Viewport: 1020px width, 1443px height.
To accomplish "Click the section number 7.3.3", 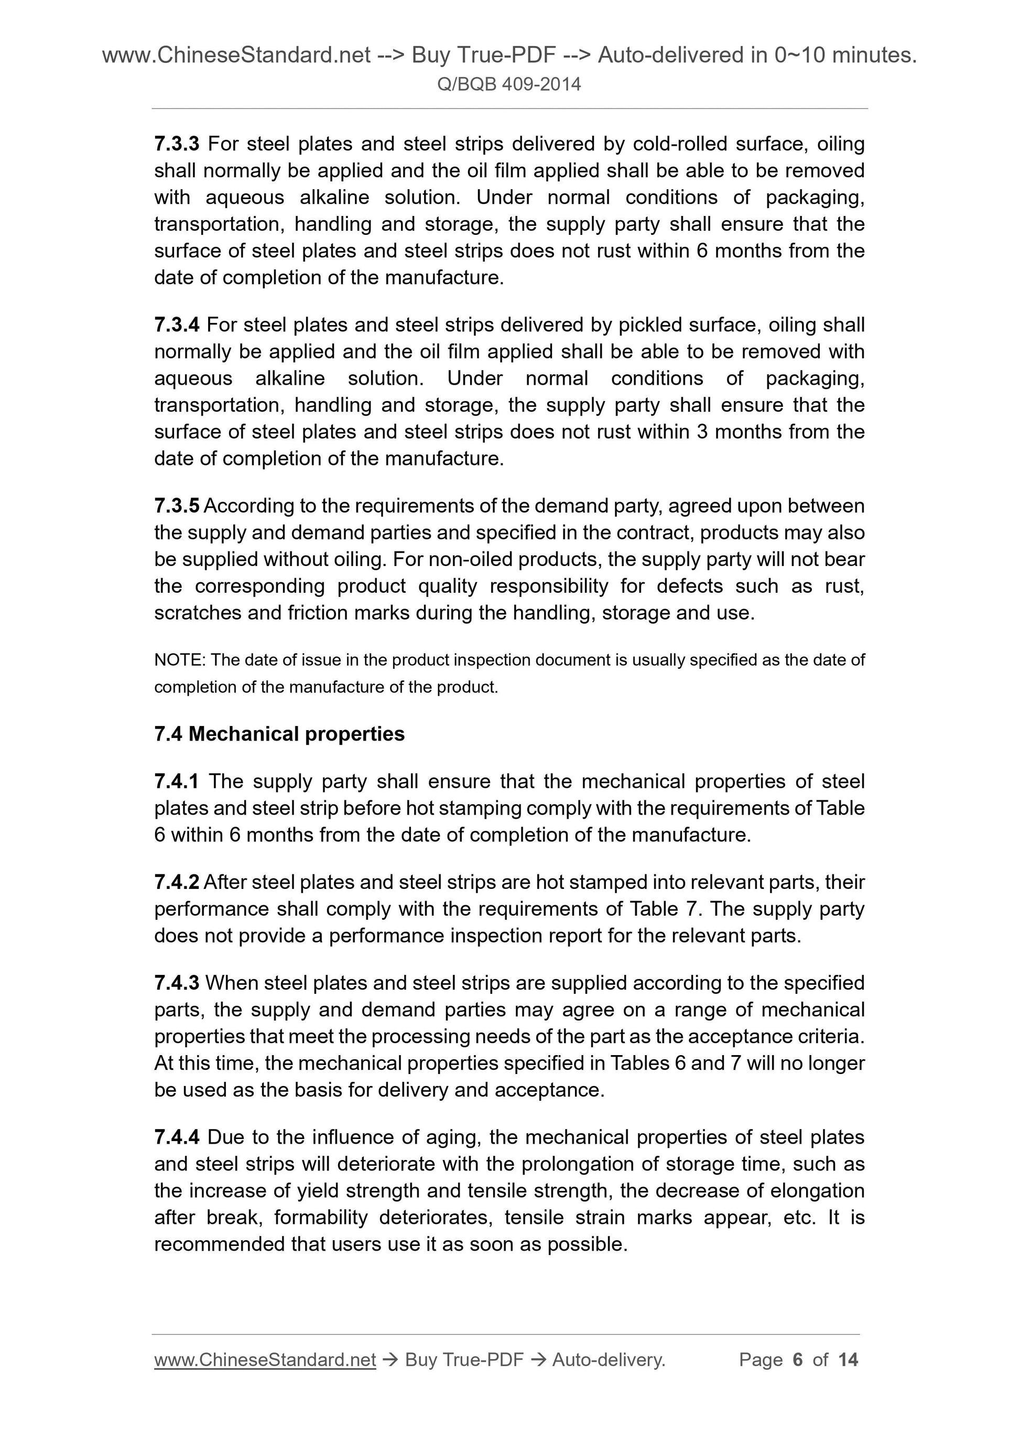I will point(177,144).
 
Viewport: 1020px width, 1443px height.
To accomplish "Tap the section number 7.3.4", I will point(177,325).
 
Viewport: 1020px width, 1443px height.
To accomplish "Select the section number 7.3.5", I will point(177,506).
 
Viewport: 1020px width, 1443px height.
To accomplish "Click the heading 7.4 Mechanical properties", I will point(279,733).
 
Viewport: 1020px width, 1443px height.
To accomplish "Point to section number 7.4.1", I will point(177,781).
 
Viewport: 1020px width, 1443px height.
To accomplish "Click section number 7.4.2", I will point(177,882).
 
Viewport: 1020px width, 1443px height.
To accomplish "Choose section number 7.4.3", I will point(177,983).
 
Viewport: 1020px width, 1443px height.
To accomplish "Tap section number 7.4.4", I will point(177,1137).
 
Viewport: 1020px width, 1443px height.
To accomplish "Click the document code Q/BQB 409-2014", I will point(509,84).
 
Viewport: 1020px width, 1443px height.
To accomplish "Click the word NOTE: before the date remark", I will point(180,660).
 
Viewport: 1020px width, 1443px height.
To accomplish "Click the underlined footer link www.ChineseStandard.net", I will point(265,1360).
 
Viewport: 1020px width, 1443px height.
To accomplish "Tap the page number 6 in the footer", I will point(798,1360).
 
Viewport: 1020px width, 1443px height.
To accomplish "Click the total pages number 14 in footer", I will point(848,1360).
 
